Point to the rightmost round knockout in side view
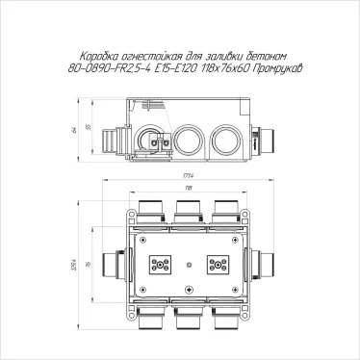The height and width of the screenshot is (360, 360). click(226, 138)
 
